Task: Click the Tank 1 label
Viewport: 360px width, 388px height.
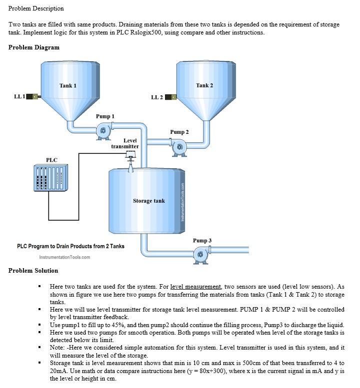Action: tap(68, 85)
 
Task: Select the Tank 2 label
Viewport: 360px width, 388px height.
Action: tap(204, 85)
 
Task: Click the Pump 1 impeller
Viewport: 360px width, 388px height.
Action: tap(103, 131)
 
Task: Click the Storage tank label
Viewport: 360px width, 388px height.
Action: tap(148, 201)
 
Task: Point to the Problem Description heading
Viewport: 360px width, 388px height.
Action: tap(36, 8)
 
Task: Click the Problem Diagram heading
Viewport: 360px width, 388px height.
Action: tap(34, 47)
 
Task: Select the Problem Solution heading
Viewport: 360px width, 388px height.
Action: tap(33, 271)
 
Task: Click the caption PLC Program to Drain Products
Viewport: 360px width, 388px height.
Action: tap(70, 246)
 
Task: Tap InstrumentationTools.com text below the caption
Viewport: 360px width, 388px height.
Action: tap(64, 258)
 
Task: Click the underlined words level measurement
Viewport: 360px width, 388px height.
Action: tap(196, 287)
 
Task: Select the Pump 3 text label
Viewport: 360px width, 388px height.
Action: tap(202, 241)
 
